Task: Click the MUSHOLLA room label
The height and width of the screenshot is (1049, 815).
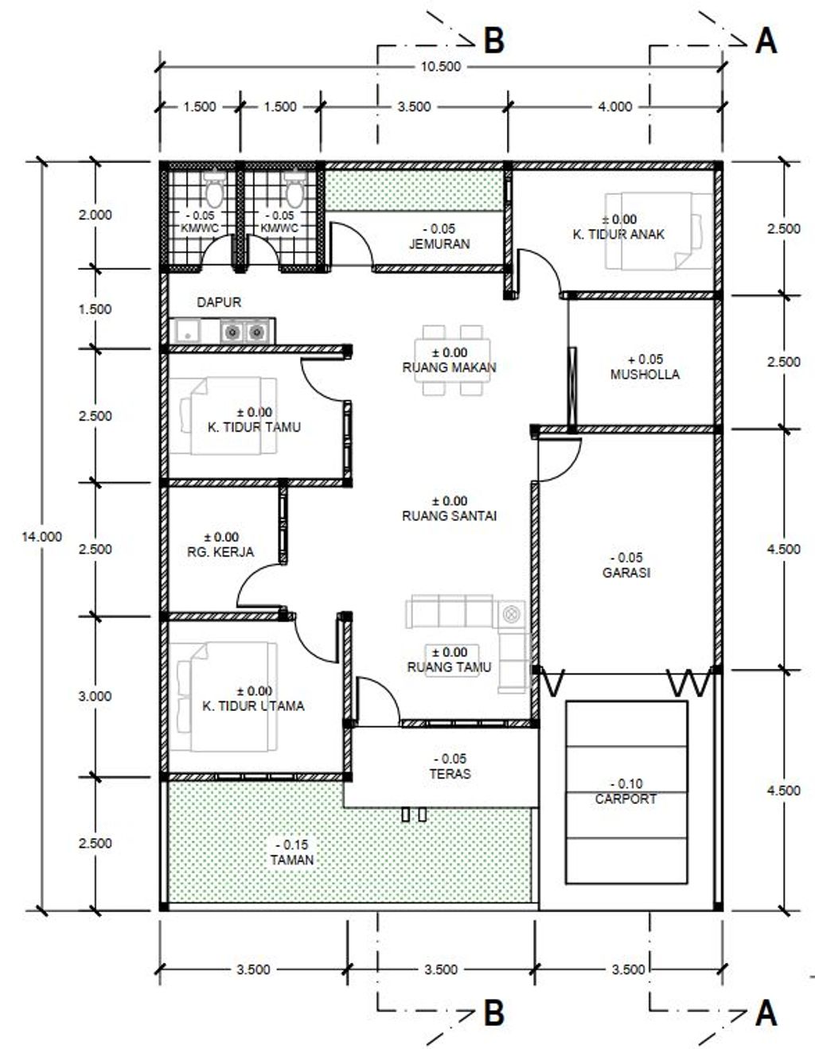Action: (x=645, y=374)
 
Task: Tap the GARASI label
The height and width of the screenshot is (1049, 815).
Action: (x=626, y=573)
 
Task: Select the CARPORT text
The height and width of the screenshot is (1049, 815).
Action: (x=626, y=799)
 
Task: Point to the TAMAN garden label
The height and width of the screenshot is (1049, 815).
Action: (x=292, y=860)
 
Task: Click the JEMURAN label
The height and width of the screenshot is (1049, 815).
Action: (x=439, y=244)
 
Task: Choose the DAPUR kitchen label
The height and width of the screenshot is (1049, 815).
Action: (x=219, y=302)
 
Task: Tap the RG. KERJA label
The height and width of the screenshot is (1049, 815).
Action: (x=220, y=552)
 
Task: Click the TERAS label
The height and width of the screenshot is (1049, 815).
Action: (x=450, y=774)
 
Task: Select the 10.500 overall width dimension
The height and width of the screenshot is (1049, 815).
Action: (x=441, y=67)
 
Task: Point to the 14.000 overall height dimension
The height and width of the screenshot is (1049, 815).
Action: (x=41, y=537)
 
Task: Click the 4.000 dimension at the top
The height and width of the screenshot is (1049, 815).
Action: (x=615, y=107)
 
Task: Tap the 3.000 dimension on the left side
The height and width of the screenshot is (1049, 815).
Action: (x=96, y=696)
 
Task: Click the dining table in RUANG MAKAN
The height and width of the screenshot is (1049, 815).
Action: (x=452, y=360)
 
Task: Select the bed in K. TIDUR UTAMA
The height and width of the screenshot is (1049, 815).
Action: (x=223, y=697)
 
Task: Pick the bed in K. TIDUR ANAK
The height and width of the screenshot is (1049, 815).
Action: (x=659, y=231)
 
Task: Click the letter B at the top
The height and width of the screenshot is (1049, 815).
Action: (x=494, y=41)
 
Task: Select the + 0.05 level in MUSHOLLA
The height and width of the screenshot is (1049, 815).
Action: (x=645, y=359)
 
